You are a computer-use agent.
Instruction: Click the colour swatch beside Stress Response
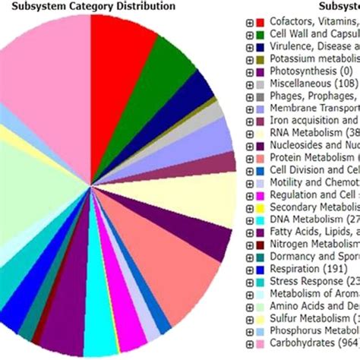click(260, 281)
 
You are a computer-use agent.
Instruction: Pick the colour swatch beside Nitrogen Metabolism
click(260, 243)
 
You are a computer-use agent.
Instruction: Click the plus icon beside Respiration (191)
click(248, 269)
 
